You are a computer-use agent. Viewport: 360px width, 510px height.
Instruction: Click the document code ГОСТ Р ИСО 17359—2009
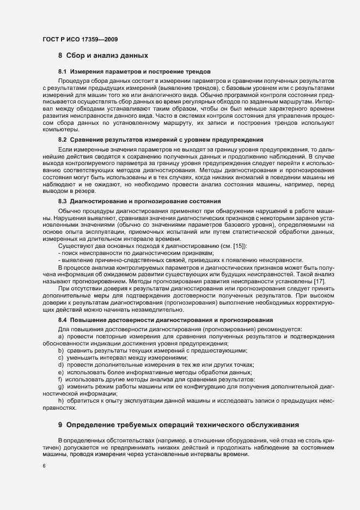click(x=79, y=39)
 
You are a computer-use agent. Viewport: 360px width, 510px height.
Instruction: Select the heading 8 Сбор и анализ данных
click(x=103, y=56)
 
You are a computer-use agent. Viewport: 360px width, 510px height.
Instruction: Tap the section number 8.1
click(x=62, y=72)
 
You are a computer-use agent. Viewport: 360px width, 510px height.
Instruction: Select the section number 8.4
click(x=62, y=319)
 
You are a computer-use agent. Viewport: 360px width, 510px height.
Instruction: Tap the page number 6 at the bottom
click(x=43, y=466)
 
